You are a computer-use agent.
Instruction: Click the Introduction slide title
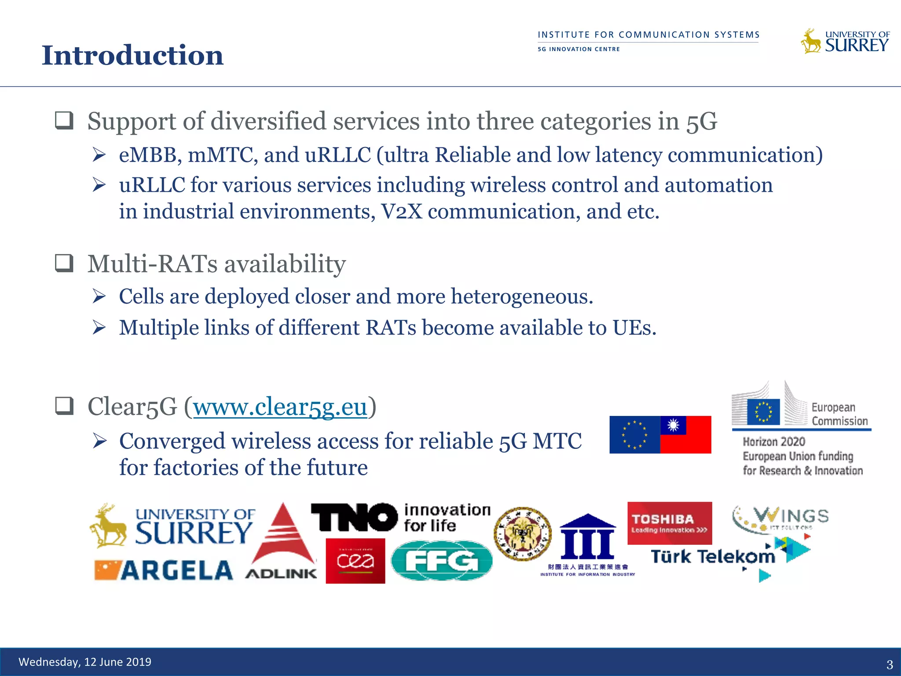click(132, 55)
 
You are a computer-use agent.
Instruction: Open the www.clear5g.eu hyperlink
click(280, 407)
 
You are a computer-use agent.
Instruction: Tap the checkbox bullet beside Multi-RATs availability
click(64, 263)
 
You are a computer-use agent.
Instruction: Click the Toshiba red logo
click(669, 523)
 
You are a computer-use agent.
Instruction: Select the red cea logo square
click(355, 561)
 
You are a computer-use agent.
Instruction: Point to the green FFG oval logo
click(441, 561)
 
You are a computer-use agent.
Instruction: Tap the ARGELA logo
click(164, 570)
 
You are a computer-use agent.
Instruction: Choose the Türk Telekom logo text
click(712, 557)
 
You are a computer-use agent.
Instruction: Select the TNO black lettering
click(354, 517)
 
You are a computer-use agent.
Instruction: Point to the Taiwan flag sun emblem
click(673, 425)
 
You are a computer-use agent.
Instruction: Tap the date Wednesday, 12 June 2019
click(85, 662)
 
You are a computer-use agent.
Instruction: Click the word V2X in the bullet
click(402, 212)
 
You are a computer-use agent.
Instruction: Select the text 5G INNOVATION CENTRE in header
click(579, 49)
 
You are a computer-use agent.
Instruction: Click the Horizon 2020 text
click(774, 441)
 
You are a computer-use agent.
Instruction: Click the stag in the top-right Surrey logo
click(810, 42)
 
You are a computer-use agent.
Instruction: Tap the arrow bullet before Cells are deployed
click(99, 296)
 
